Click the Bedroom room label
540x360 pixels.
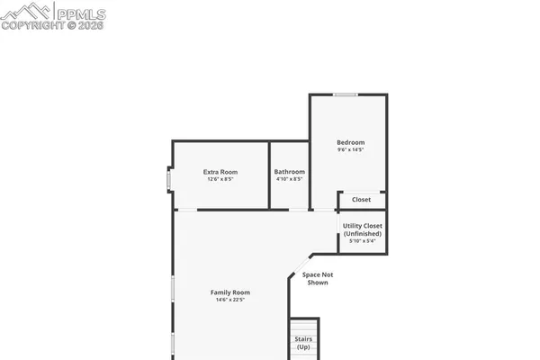coord(351,142)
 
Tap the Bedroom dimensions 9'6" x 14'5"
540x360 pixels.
coord(351,150)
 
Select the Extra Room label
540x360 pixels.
coord(220,172)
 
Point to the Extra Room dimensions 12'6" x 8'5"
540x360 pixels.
coord(220,180)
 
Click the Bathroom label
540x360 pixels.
coord(290,172)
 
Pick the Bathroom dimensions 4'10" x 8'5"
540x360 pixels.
coord(290,180)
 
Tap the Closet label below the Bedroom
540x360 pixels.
coord(362,200)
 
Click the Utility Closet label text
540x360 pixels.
coord(363,226)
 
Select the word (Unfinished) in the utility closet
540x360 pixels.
coord(363,233)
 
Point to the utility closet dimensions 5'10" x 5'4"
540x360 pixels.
coord(363,241)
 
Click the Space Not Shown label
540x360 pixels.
coord(315,278)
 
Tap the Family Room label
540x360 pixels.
coord(230,292)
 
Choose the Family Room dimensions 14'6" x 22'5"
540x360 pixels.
coord(230,301)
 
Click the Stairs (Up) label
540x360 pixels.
coord(303,343)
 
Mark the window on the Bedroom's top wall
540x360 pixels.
coord(345,94)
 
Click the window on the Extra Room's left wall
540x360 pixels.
coord(168,180)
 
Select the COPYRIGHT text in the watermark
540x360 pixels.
coord(34,26)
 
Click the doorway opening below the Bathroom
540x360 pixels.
coord(297,210)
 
